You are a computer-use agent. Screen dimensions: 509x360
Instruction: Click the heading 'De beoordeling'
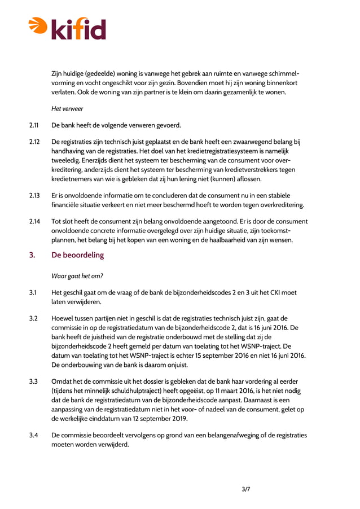pyautogui.click(x=78, y=256)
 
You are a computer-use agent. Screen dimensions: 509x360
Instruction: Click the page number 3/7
pyautogui.click(x=245, y=489)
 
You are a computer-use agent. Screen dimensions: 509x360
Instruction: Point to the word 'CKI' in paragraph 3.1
pyautogui.click(x=270, y=292)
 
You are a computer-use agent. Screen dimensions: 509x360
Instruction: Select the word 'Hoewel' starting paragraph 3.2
pyautogui.click(x=63, y=318)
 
